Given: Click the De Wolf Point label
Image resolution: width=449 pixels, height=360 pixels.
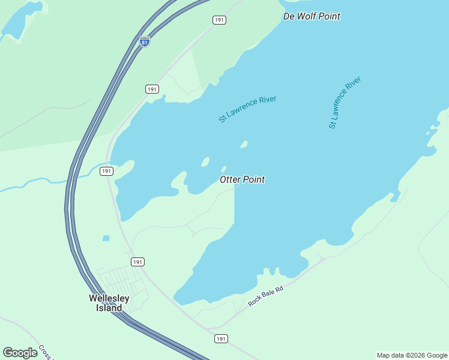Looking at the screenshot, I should tap(312, 16).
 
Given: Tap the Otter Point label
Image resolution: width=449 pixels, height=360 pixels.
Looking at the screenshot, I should tap(242, 179).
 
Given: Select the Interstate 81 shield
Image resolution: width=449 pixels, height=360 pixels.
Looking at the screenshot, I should tap(144, 41).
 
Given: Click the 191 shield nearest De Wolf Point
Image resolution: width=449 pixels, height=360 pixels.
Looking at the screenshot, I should tap(219, 20).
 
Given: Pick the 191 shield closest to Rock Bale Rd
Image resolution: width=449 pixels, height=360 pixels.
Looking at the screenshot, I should tap(221, 339).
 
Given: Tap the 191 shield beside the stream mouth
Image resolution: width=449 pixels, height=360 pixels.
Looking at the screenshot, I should tap(106, 171).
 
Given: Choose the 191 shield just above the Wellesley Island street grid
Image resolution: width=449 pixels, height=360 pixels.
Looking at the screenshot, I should tap(137, 262).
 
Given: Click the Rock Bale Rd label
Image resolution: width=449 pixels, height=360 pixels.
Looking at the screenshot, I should tap(265, 296).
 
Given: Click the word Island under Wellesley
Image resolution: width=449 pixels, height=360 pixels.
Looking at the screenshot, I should tap(109, 308).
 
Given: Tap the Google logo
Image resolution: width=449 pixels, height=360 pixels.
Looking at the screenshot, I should tap(20, 353).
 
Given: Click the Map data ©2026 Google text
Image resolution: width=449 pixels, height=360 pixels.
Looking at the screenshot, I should tap(412, 355).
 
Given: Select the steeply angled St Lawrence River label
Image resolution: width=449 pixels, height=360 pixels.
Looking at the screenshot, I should tap(345, 102).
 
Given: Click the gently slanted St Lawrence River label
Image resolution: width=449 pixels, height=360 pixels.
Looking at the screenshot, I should tap(247, 109).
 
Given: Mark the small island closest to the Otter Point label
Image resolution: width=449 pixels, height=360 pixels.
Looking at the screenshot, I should tap(223, 169).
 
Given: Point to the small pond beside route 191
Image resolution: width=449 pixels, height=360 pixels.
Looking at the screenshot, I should tap(106, 238).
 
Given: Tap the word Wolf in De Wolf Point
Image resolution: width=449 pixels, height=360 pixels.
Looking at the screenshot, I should tap(309, 16).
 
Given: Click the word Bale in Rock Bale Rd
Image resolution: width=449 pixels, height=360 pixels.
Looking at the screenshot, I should tap(265, 296).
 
